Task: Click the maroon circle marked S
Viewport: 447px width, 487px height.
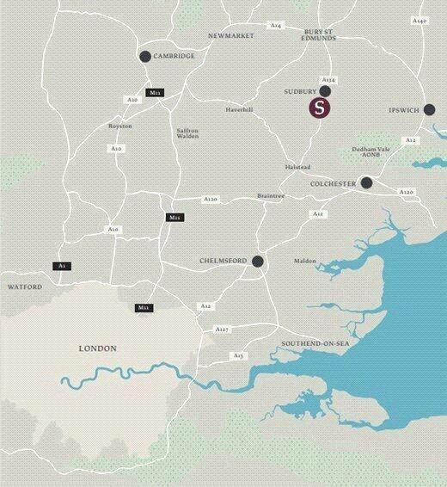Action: [x=320, y=108]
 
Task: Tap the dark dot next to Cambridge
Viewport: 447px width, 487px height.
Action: [x=144, y=57]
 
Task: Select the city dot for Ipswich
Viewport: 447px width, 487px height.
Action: [x=429, y=109]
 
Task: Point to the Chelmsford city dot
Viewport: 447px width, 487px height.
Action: [x=257, y=261]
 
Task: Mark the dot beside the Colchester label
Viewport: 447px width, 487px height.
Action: [x=366, y=182]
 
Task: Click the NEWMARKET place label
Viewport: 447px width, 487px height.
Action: [x=232, y=36]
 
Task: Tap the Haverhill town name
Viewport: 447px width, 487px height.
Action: [x=240, y=110]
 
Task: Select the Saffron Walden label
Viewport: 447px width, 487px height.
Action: [x=187, y=133]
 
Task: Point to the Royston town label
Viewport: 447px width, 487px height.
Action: [x=119, y=126]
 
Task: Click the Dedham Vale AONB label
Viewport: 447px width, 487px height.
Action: [x=371, y=151]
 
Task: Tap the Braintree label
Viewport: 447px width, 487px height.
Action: [x=270, y=196]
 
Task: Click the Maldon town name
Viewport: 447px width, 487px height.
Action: [x=304, y=261]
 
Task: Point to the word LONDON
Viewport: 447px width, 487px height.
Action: [x=97, y=348]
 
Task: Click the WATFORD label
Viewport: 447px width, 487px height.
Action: [x=23, y=287]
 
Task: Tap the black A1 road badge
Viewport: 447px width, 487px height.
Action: [x=61, y=266]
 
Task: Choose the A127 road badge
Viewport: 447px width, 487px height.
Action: [x=222, y=330]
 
